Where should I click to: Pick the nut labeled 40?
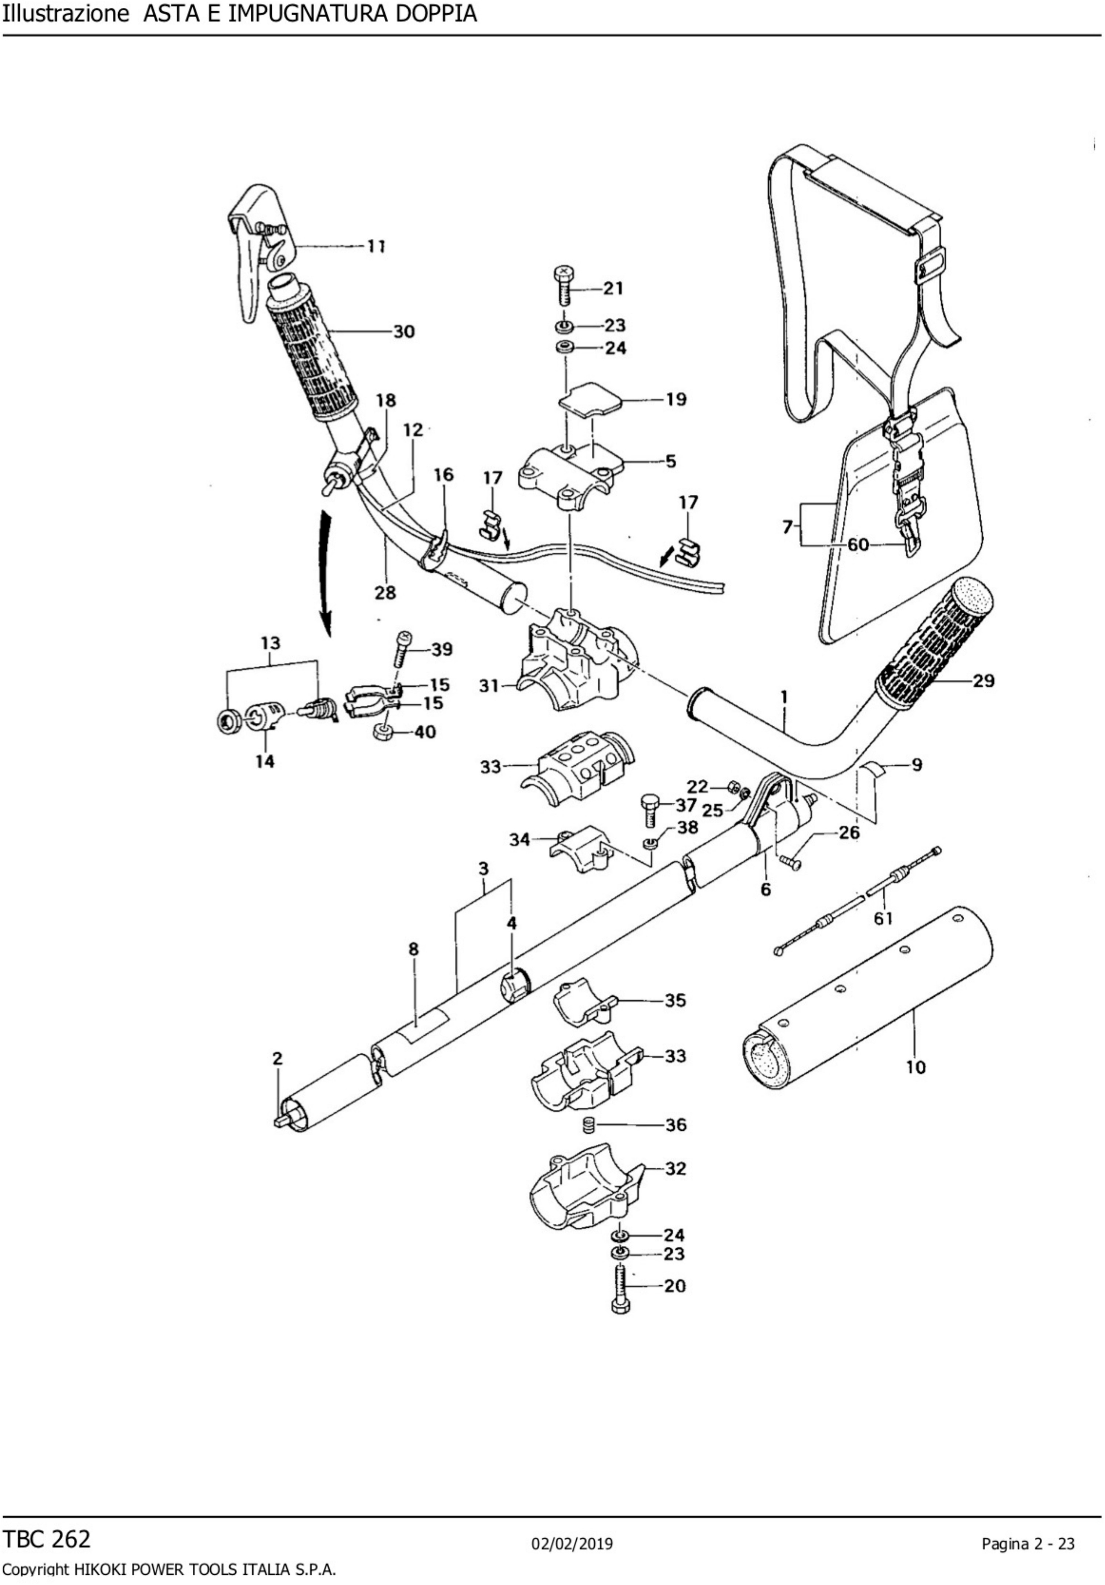pyautogui.click(x=383, y=732)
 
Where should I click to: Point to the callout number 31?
pyautogui.click(x=489, y=686)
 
